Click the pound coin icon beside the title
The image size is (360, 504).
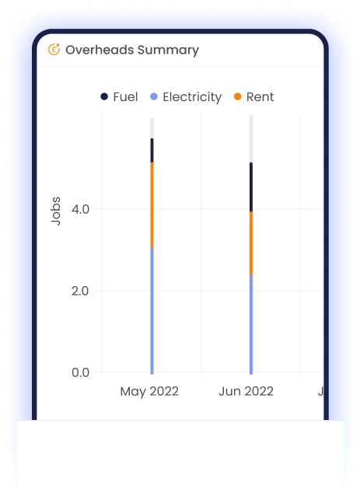(x=54, y=50)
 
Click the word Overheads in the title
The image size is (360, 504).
(x=100, y=50)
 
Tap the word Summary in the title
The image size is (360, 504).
(x=168, y=51)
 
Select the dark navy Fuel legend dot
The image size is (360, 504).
(x=104, y=96)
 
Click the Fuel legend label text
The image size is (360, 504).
(x=125, y=96)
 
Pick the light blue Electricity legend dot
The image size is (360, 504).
(x=154, y=96)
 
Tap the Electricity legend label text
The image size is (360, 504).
(x=192, y=97)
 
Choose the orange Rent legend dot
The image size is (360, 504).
(x=237, y=96)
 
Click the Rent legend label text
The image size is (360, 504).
(x=260, y=96)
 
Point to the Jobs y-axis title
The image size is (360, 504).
(x=56, y=211)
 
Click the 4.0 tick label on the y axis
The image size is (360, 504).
(x=80, y=209)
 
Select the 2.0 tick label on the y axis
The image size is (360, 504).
(x=80, y=291)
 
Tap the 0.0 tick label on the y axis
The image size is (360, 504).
(x=80, y=373)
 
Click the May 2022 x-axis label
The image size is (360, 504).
(x=149, y=392)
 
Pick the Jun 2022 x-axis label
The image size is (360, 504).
(x=246, y=391)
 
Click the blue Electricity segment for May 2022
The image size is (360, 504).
(x=152, y=310)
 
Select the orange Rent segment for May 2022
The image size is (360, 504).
(x=152, y=205)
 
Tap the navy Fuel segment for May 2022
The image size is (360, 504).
(x=152, y=150)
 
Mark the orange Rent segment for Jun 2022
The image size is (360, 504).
(x=251, y=243)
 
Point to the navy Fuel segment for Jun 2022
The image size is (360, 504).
(x=251, y=187)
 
